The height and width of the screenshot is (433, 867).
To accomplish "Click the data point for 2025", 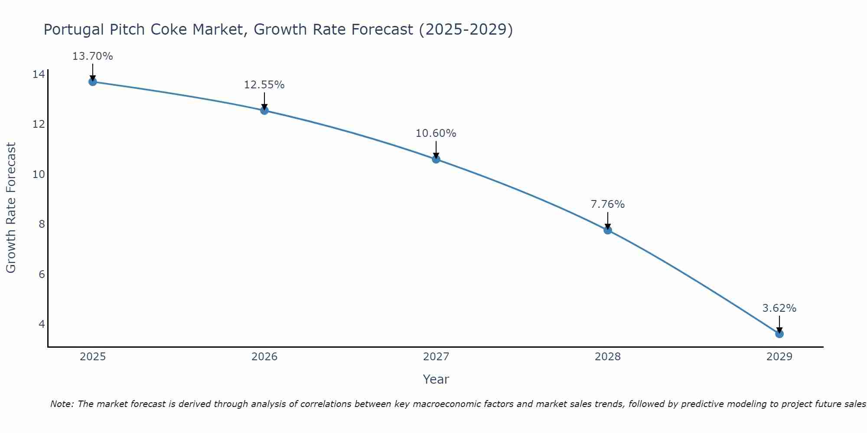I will point(92,82).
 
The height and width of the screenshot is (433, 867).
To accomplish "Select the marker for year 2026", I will point(264,110).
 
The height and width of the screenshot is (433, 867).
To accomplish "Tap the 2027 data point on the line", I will point(436,159).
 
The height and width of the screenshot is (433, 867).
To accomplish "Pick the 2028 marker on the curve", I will point(608,230).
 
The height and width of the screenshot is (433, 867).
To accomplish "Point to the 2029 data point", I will point(779,334).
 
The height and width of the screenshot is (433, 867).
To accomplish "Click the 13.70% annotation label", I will point(92,56).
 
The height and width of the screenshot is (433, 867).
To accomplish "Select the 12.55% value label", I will point(264,85).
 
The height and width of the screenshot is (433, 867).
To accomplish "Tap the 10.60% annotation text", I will point(436,133).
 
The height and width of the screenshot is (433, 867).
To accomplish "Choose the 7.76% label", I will point(607,204).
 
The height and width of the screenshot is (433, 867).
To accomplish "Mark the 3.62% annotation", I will point(779,308).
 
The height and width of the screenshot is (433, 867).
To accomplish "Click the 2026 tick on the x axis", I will point(264,357).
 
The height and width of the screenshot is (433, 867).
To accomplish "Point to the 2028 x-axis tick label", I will point(608,357).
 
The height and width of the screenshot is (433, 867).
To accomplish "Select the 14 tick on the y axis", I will point(39,74).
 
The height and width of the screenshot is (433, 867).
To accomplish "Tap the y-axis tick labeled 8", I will point(42,224).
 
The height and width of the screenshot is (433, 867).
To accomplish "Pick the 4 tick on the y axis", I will point(42,324).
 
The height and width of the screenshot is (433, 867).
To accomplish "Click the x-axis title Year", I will point(436,379).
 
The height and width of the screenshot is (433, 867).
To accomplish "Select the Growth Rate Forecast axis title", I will point(11,207).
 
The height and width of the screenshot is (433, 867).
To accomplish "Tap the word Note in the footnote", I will point(62,404).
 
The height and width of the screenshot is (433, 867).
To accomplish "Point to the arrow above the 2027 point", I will point(436,149).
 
